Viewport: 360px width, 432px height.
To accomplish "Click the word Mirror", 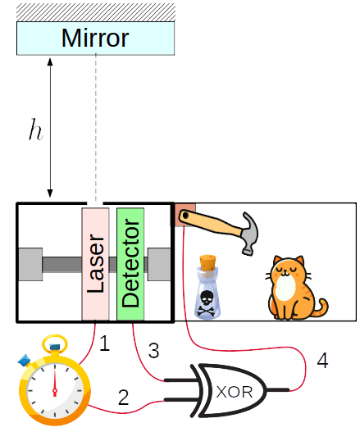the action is tap(95, 38).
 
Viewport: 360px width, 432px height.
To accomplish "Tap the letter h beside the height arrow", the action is tap(36, 130).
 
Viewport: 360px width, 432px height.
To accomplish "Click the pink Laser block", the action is tap(95, 264).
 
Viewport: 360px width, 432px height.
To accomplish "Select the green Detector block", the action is tap(130, 264).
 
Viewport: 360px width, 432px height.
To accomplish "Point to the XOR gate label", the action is tap(235, 392).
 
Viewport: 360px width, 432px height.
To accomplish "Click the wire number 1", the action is tap(105, 343).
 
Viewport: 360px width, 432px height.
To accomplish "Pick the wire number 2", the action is tap(124, 398).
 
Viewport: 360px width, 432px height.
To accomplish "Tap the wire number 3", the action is tap(154, 351).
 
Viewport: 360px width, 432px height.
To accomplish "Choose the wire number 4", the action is tap(323, 360).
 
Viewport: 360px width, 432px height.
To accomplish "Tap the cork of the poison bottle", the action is tap(207, 262).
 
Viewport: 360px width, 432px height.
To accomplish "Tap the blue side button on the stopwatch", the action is tap(24, 361).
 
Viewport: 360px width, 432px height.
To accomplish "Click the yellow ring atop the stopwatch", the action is tap(55, 343).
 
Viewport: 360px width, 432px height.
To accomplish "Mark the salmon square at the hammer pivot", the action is tap(185, 215).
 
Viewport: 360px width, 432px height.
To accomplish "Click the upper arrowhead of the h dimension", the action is tap(50, 61).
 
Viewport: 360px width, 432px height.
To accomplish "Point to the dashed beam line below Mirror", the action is tap(96, 129).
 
